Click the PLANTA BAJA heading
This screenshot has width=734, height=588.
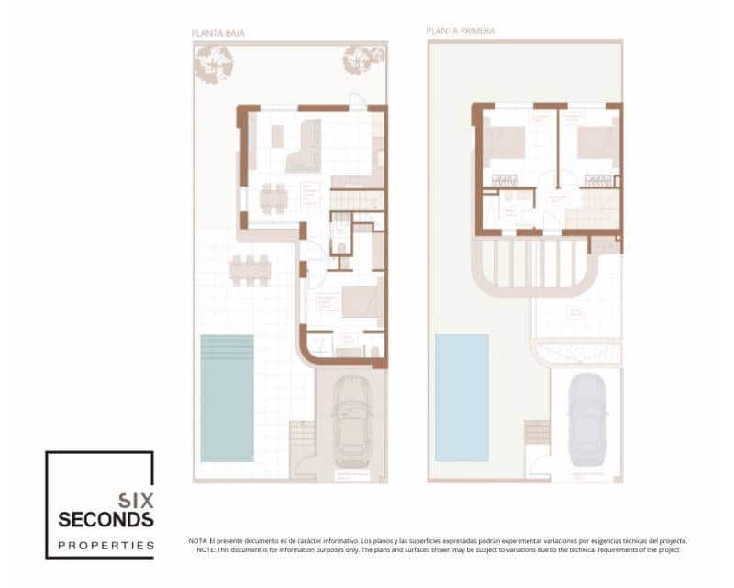click(217, 33)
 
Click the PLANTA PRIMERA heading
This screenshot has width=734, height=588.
click(461, 30)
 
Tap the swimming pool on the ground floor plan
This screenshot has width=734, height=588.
click(227, 397)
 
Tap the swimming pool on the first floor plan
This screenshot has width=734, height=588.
click(462, 397)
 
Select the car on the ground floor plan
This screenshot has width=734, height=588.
click(350, 422)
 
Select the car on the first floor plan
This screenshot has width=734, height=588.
click(587, 422)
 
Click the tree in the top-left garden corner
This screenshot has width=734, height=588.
click(213, 64)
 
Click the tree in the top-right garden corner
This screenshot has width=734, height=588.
click(363, 60)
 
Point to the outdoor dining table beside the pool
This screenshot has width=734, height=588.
click(250, 269)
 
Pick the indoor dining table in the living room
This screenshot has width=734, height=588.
click(272, 198)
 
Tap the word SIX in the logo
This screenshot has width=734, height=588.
click(136, 501)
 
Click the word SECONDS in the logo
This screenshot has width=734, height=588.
click(106, 520)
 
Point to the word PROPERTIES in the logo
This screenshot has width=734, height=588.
click(106, 545)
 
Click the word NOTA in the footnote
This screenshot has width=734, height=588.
click(199, 541)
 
